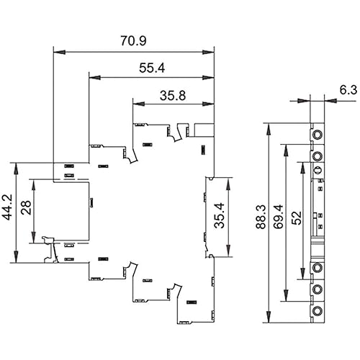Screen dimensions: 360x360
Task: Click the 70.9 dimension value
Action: pyautogui.click(x=133, y=41)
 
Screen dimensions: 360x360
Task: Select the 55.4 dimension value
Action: pyautogui.click(x=152, y=68)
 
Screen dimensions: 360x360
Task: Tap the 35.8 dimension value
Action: pyautogui.click(x=173, y=96)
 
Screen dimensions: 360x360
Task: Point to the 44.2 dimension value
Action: pyautogui.click(x=7, y=207)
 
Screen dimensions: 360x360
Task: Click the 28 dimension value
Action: pyautogui.click(x=26, y=207)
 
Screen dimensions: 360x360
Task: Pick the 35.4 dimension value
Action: pyautogui.click(x=219, y=215)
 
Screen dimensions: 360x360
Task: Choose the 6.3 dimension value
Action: pyautogui.click(x=348, y=90)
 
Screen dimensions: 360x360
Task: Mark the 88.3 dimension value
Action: pyautogui.click(x=261, y=217)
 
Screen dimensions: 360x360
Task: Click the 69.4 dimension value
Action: pyautogui.click(x=279, y=217)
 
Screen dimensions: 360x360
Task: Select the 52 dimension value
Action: pyautogui.click(x=297, y=217)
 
